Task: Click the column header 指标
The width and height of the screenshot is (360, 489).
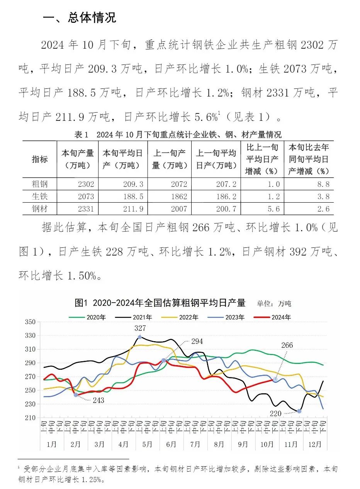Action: click(40, 159)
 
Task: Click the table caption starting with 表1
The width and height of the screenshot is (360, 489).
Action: click(178, 135)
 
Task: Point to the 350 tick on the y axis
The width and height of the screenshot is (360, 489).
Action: click(30, 322)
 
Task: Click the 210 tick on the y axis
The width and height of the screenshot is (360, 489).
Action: click(30, 418)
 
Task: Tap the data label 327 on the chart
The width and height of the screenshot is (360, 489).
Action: click(140, 328)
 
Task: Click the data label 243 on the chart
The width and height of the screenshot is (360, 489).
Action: click(98, 401)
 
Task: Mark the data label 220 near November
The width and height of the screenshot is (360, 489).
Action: click(275, 413)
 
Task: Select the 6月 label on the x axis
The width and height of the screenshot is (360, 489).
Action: click(171, 444)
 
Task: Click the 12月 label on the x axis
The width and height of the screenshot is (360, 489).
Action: click(315, 444)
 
